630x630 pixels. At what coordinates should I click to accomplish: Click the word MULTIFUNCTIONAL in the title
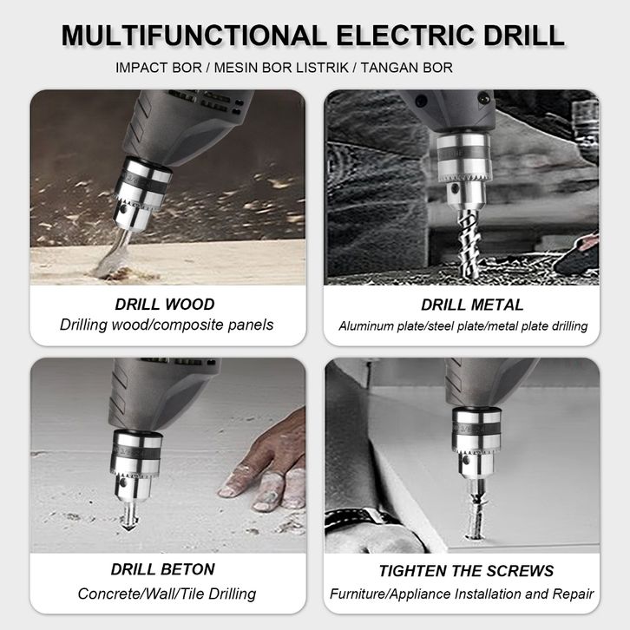point(194,36)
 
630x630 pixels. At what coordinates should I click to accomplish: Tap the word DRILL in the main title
point(524,36)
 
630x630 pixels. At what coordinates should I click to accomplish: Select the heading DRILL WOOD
point(165,304)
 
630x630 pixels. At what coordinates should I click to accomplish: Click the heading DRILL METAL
point(472,305)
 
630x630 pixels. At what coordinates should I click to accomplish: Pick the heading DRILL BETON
point(163,569)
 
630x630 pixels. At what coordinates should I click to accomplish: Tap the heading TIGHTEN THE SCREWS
point(466,571)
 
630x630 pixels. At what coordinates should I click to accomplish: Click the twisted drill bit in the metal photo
point(469,245)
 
